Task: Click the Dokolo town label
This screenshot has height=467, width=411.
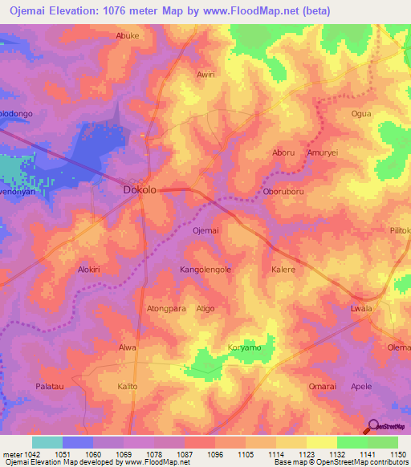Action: (x=139, y=190)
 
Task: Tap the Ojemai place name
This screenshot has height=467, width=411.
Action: (x=206, y=230)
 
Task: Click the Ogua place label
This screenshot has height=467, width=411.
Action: (x=361, y=114)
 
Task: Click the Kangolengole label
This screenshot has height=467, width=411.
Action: (x=205, y=270)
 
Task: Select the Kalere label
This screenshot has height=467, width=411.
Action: (x=284, y=270)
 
